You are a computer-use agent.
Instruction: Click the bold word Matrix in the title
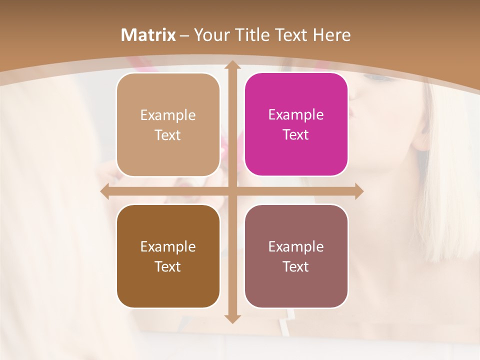tap(148, 35)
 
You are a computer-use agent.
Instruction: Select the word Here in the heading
tap(331, 35)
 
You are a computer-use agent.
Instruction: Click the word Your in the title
tap(209, 35)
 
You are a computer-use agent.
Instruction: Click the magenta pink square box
tap(296, 124)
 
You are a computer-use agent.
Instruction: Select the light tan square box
tap(168, 124)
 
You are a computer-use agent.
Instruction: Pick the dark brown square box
tap(168, 256)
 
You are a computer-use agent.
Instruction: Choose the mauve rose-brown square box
tap(296, 256)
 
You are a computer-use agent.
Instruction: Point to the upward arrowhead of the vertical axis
tap(232, 65)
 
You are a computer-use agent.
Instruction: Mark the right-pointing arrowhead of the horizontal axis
tap(358, 191)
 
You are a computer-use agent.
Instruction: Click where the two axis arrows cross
tap(232, 191)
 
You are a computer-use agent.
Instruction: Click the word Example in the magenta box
tap(296, 114)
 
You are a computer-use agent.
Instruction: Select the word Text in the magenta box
tap(296, 134)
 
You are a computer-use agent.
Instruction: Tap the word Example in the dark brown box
tap(168, 246)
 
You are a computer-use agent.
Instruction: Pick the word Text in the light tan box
tap(168, 135)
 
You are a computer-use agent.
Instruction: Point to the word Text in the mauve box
tap(296, 266)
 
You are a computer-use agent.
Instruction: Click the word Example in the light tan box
tap(168, 115)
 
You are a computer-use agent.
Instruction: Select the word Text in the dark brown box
tap(168, 266)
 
